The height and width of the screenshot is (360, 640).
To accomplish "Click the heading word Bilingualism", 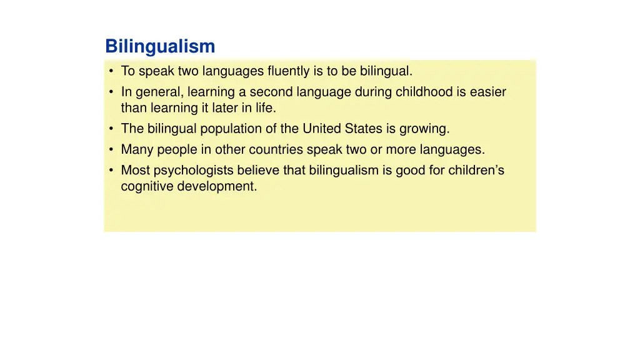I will coord(160,47).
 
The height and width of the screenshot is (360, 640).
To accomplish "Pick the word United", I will coord(322,129).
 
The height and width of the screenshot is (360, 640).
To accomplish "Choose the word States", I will coord(363,129).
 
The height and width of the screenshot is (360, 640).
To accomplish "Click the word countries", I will coord(277,150).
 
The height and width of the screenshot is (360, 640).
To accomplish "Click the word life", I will coord(265,108).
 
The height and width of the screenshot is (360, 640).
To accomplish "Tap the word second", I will coord(270,92).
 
